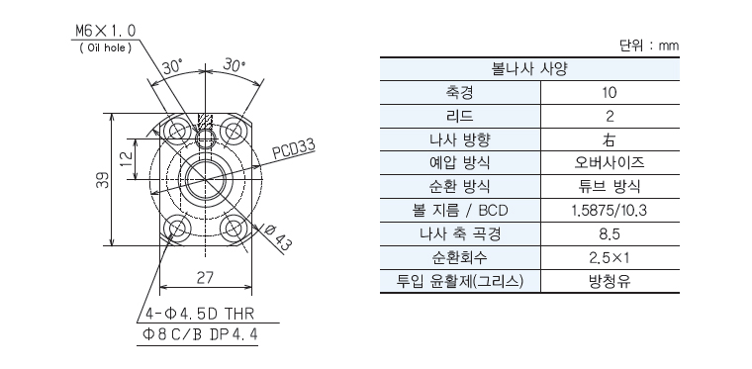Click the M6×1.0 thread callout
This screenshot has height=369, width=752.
point(106,31)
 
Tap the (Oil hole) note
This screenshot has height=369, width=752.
point(106,47)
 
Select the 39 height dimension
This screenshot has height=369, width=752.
point(102,180)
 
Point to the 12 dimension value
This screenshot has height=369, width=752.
point(126,158)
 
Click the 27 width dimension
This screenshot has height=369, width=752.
point(205,278)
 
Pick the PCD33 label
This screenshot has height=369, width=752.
point(294,150)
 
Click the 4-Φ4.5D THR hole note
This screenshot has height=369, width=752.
point(200,314)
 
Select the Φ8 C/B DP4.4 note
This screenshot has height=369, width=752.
point(200,334)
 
